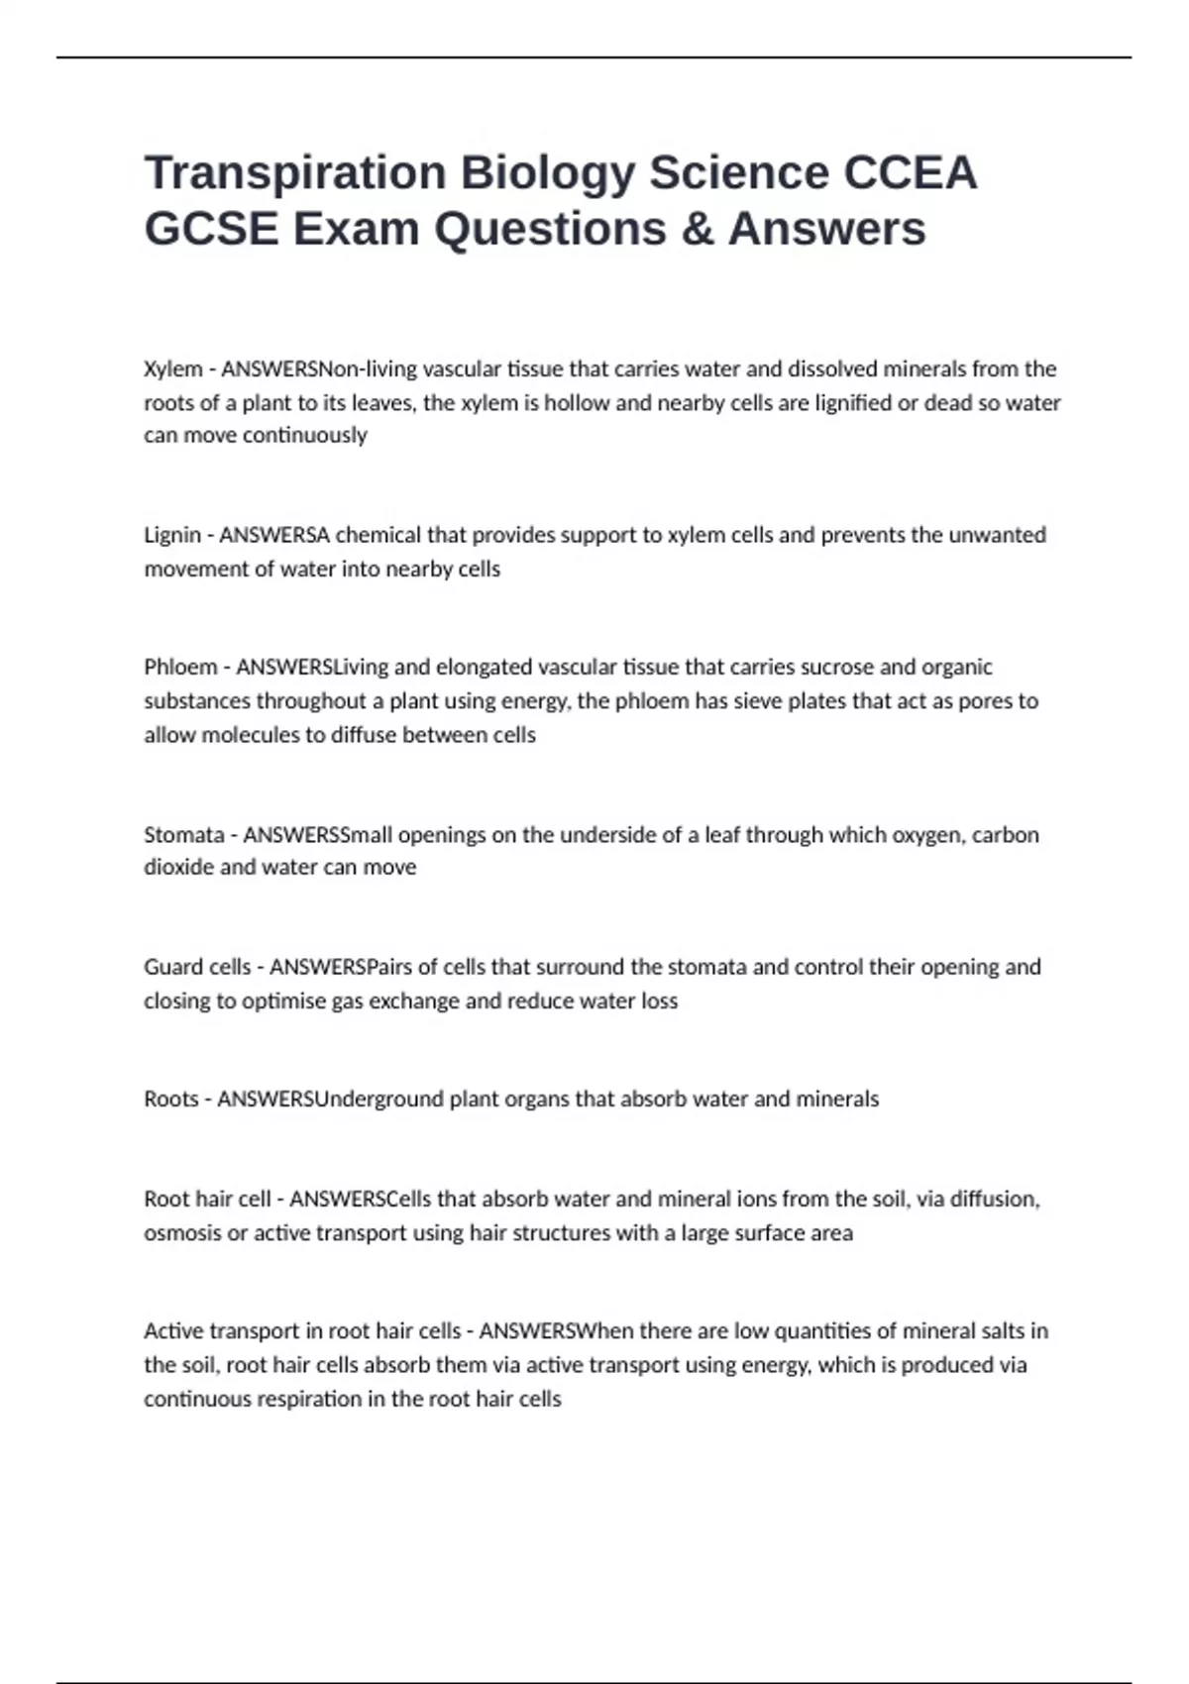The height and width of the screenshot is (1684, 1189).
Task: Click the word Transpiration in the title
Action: click(x=295, y=173)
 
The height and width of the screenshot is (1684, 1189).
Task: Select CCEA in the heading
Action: click(x=910, y=172)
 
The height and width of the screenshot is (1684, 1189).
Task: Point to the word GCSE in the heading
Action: click(x=211, y=229)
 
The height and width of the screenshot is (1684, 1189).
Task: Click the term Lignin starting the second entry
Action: click(x=172, y=535)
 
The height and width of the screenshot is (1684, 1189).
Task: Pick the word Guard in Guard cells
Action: click(x=169, y=967)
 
